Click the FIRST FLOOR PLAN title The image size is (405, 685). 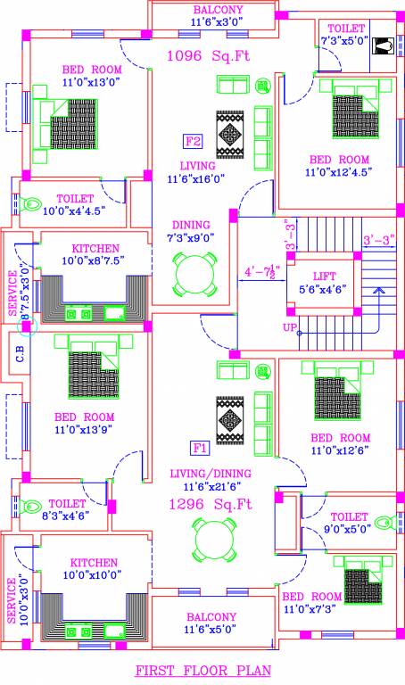point(202,670)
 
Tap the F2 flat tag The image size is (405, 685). point(193,142)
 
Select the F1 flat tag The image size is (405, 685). point(201,447)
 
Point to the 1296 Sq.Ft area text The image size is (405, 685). point(211,504)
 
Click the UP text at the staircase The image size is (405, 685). point(290,328)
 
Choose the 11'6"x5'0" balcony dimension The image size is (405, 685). point(211,630)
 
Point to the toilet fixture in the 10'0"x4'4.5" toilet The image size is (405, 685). point(34,201)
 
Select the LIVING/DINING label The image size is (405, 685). point(211,474)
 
